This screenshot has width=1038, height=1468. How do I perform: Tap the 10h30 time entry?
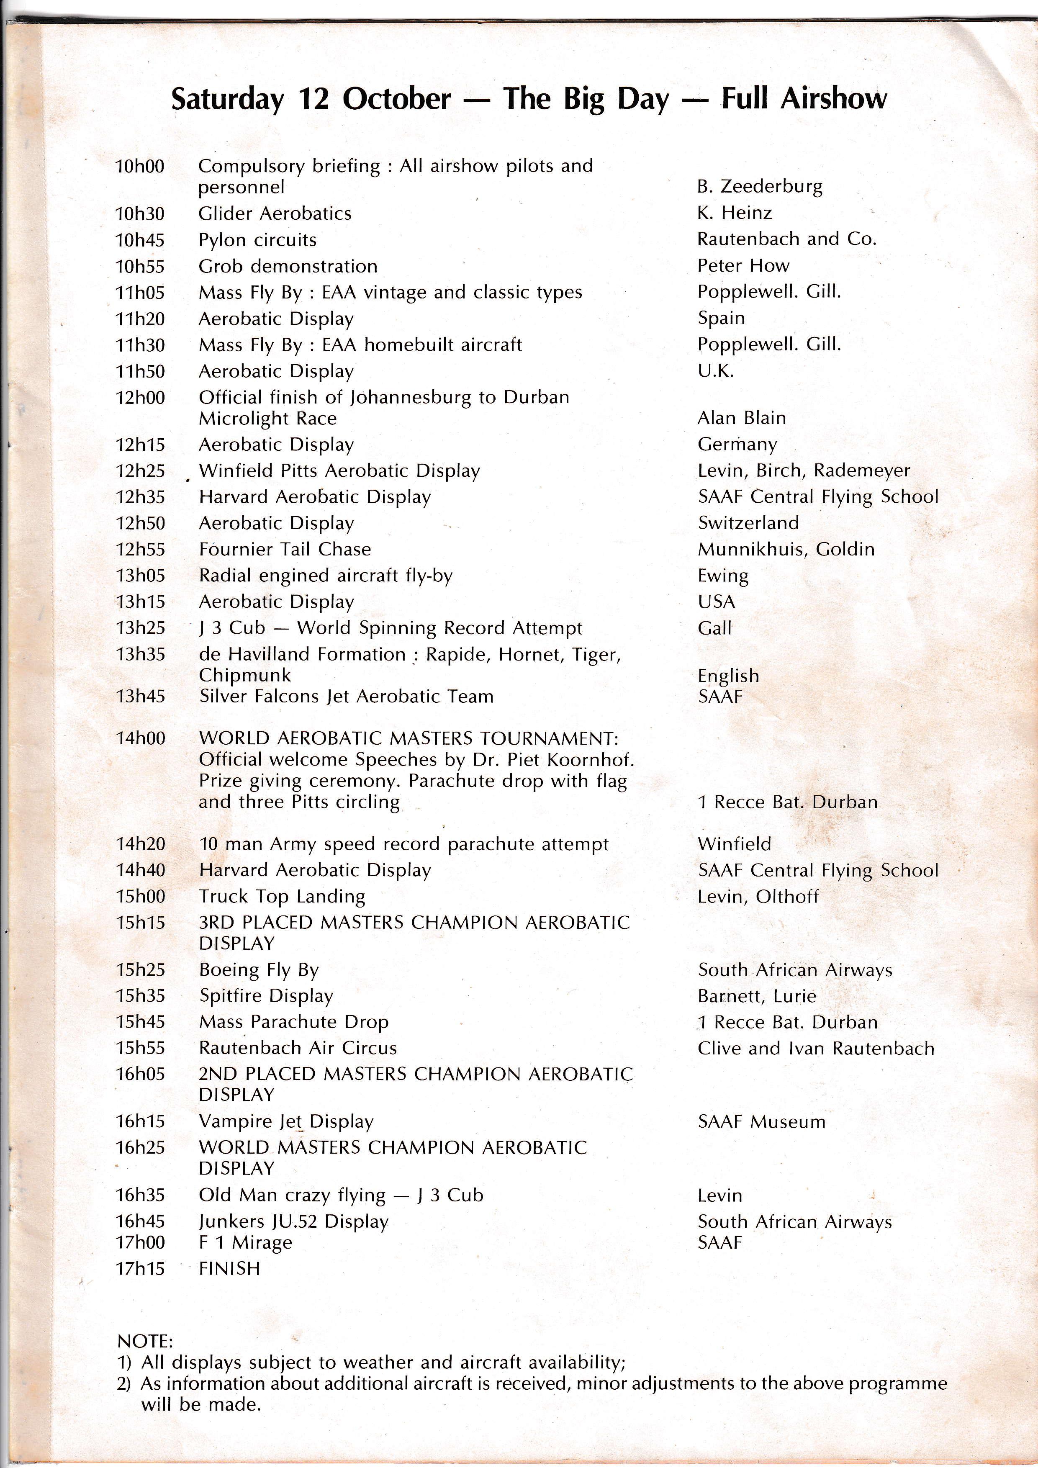[x=139, y=213]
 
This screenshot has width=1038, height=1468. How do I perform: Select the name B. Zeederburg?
[x=759, y=187]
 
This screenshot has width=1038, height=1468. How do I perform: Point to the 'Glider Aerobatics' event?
[x=275, y=213]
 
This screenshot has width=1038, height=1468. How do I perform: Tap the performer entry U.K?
[x=715, y=371]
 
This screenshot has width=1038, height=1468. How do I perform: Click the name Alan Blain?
[x=741, y=418]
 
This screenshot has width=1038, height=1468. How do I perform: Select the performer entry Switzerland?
[x=748, y=523]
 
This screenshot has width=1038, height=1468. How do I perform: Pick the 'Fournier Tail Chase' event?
[x=285, y=549]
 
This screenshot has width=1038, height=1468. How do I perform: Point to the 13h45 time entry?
[x=140, y=696]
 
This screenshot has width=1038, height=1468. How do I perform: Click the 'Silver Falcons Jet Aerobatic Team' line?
[x=346, y=696]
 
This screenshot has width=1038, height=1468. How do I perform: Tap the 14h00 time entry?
[x=140, y=738]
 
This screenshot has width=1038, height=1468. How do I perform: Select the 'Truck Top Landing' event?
[x=282, y=896]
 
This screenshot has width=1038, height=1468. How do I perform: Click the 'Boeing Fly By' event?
[x=258, y=970]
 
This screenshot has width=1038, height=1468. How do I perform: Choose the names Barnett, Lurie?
[x=757, y=996]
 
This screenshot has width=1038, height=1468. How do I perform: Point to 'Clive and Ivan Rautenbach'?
[x=816, y=1049]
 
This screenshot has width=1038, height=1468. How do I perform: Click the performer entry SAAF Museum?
[x=761, y=1121]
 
